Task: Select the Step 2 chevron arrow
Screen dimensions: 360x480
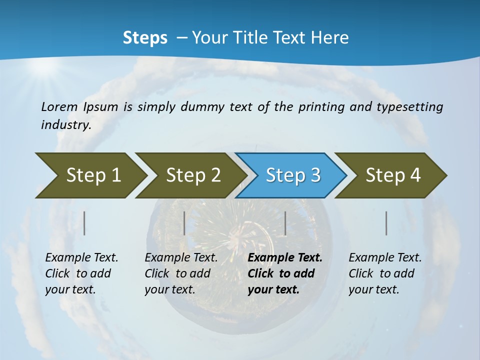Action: point(193,175)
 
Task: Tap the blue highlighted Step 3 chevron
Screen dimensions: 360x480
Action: point(293,175)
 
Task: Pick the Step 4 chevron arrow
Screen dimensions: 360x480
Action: point(393,175)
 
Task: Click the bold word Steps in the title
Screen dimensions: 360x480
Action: point(145,38)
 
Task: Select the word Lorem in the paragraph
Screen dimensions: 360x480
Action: point(59,106)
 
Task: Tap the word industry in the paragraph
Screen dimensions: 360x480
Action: point(66,125)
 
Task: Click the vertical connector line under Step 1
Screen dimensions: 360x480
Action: point(84,223)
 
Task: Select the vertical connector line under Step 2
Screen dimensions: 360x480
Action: point(184,223)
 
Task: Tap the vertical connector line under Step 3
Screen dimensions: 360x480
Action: point(285,223)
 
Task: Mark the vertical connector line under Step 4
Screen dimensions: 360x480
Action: point(386,223)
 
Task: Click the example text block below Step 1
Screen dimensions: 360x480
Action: point(81,273)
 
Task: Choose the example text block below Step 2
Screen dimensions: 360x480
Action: point(181,273)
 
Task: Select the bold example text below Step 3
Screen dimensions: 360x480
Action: point(285,273)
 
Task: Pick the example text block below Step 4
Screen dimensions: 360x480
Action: point(385,273)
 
